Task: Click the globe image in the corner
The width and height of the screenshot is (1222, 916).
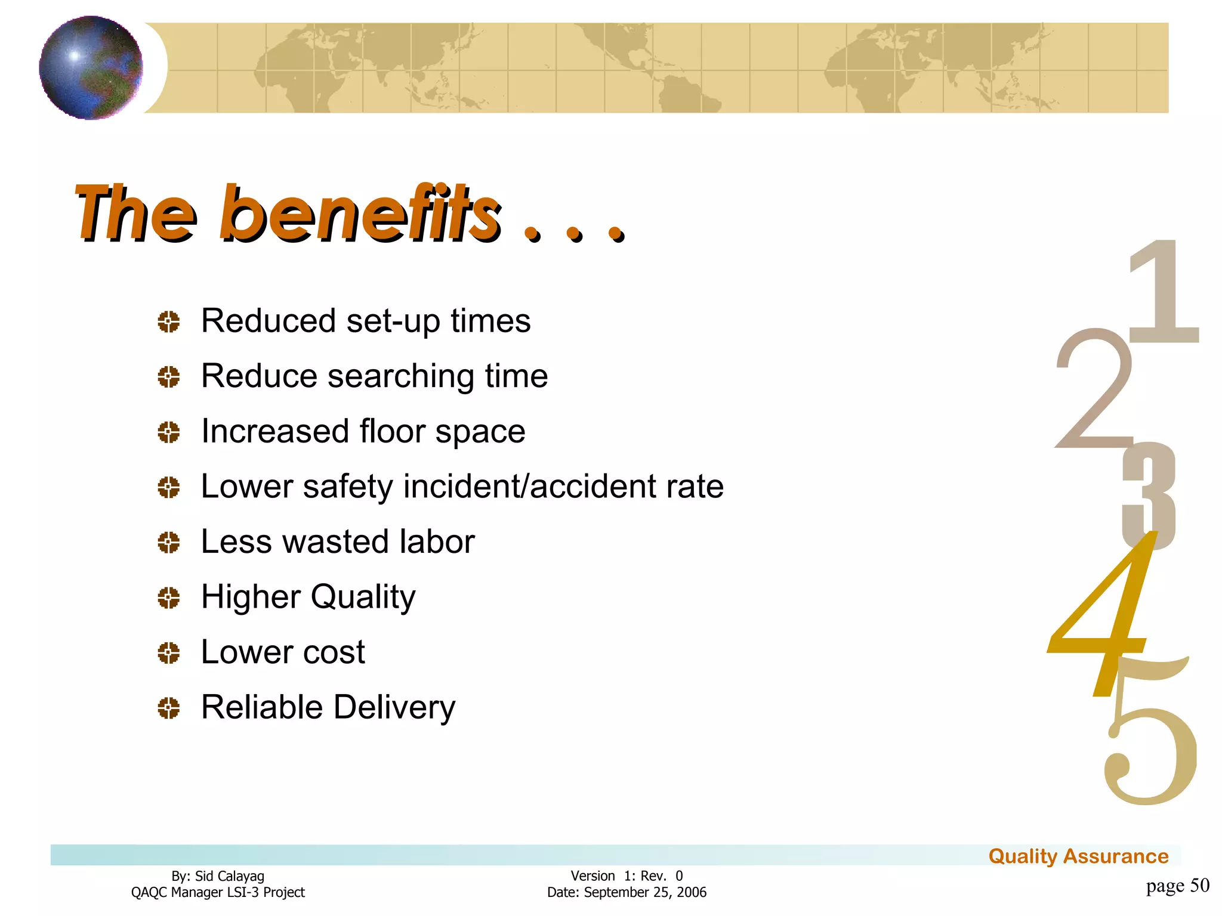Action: pyautogui.click(x=91, y=67)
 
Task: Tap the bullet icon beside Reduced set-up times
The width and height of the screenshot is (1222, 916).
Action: pyautogui.click(x=169, y=322)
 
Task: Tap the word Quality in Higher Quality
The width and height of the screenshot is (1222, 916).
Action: pyautogui.click(x=363, y=597)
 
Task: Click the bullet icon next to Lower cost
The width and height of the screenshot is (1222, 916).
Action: pyautogui.click(x=169, y=653)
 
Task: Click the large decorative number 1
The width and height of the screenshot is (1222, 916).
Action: pyautogui.click(x=1164, y=292)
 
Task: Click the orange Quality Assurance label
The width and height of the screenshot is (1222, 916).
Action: pyautogui.click(x=1078, y=856)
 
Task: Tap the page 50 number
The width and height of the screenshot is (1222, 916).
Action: pyautogui.click(x=1177, y=886)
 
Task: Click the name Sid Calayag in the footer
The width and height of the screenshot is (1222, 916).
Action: pyautogui.click(x=230, y=876)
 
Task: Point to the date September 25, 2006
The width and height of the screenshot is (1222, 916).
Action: pyautogui.click(x=645, y=892)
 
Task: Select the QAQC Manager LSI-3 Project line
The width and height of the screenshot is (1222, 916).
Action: pyautogui.click(x=218, y=892)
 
